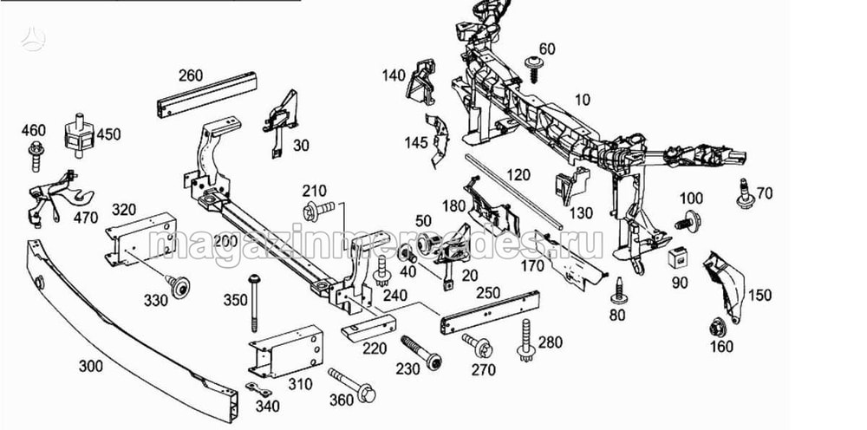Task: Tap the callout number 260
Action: tap(191, 75)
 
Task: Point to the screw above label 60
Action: tap(535, 64)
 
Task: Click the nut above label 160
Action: tap(717, 329)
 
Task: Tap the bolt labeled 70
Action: tap(743, 193)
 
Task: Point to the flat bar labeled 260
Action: tap(207, 94)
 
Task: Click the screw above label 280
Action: tap(526, 341)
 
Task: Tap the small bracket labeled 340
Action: tap(257, 389)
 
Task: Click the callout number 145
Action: tap(415, 142)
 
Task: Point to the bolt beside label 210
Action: tap(319, 209)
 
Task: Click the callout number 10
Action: tap(582, 101)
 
